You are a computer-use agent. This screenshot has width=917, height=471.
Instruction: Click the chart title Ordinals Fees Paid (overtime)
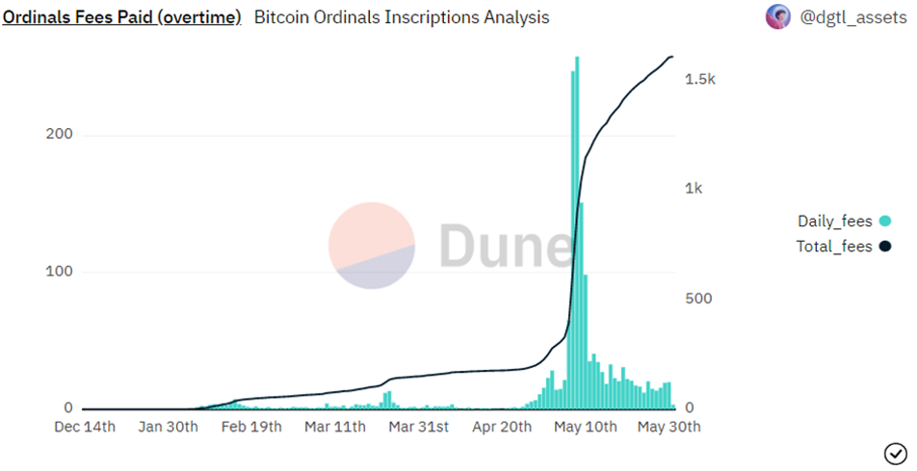pos(121,17)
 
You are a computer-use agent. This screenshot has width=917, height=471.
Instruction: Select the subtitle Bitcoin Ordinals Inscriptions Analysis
pos(402,17)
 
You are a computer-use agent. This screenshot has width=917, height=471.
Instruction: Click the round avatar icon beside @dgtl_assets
pos(777,16)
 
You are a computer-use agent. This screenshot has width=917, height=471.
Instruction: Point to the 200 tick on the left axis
pos(60,135)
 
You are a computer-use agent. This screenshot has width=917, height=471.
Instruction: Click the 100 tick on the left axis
pos(60,272)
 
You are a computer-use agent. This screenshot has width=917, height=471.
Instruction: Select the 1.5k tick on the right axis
pos(699,80)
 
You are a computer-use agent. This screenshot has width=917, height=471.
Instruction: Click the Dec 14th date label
pos(85,427)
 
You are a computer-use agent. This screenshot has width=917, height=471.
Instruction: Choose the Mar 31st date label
pos(416,427)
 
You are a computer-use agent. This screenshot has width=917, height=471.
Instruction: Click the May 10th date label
pos(584,427)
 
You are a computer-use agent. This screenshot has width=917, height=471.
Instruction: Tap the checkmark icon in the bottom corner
pos(894,452)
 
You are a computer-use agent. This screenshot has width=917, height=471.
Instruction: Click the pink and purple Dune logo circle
pos(372,246)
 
